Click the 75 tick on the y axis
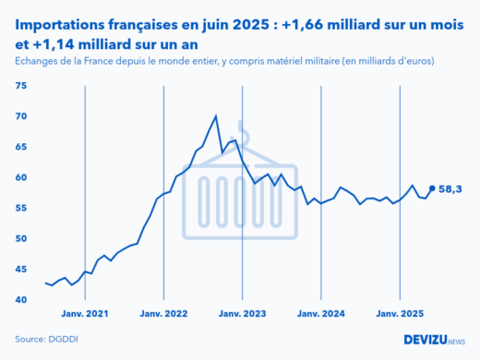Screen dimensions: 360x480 [21, 86]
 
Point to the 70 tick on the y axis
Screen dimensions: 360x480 [21, 116]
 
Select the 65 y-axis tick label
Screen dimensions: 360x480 [21, 147]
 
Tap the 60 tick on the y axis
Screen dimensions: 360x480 [21, 177]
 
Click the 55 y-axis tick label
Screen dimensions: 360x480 [21, 208]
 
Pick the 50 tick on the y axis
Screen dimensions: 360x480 [21, 238]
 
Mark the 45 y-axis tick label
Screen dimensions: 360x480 [21, 269]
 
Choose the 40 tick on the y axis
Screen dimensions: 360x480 [21, 299]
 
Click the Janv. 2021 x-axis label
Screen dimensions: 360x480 [85, 315]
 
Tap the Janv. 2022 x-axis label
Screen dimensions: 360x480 [163, 315]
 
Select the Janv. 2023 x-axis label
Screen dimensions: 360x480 [242, 315]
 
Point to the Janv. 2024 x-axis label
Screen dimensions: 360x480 [320, 315]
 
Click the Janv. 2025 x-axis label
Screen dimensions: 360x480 [400, 315]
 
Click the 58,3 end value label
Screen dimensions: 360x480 [450, 189]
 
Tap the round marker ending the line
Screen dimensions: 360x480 [432, 189]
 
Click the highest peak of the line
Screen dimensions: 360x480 [216, 116]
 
